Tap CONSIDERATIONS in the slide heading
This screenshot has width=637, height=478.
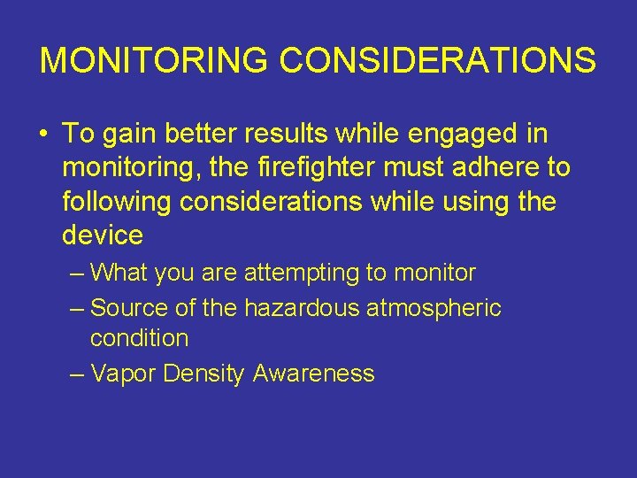[438, 61]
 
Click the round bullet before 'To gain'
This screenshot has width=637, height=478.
[43, 135]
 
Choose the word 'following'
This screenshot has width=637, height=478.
[118, 202]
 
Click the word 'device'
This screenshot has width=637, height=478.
[103, 235]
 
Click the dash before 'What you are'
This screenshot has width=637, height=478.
[77, 274]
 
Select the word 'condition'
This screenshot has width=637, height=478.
[139, 338]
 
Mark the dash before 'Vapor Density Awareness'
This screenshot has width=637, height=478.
[77, 374]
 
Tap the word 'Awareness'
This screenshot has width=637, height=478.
[313, 374]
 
